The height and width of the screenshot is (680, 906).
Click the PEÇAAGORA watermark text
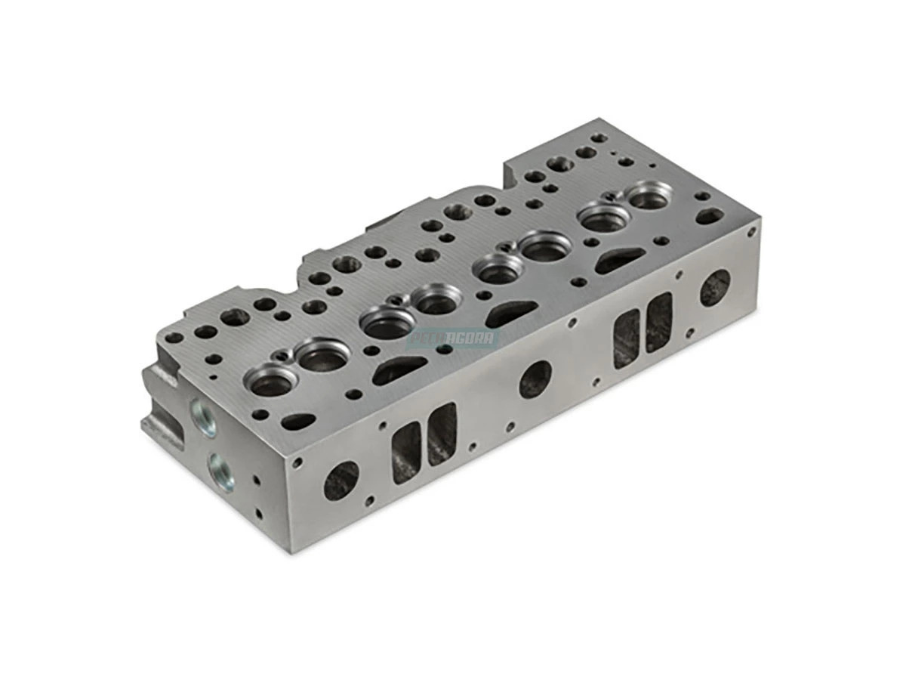[453, 338]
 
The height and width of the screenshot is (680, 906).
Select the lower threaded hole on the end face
[221, 470]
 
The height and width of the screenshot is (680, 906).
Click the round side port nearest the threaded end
[341, 481]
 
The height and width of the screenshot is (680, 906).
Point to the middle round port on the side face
[535, 379]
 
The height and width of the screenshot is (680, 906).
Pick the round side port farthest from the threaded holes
[714, 288]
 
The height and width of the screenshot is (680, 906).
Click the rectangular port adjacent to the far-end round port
[658, 322]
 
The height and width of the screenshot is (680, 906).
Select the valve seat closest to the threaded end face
[269, 382]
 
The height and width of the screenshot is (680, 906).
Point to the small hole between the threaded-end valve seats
[283, 355]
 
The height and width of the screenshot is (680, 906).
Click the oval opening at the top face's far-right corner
[708, 217]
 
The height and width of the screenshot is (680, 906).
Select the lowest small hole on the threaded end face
[259, 513]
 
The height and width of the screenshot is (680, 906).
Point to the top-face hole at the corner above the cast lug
[174, 338]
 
